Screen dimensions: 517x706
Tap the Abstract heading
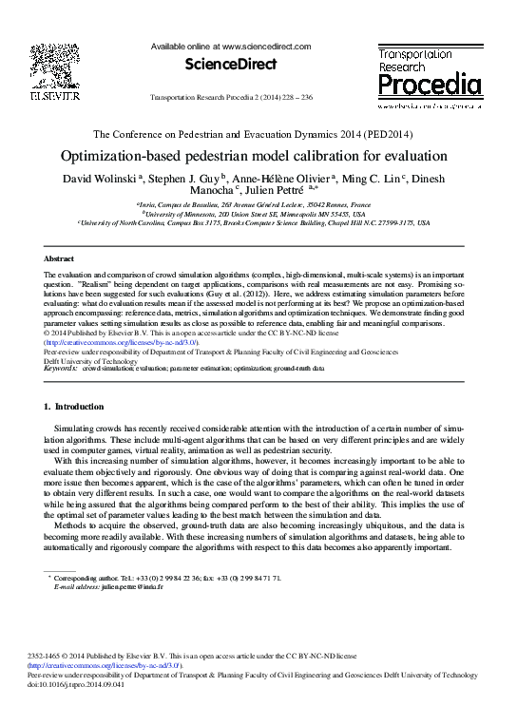pyautogui.click(x=60, y=258)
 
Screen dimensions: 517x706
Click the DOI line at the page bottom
pyautogui.click(x=91, y=682)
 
